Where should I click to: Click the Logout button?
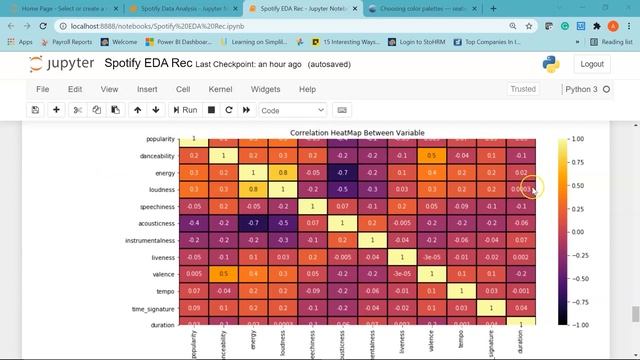591,64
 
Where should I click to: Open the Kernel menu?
220,89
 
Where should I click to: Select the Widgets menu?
265,89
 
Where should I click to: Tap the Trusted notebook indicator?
523,89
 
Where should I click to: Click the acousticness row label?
153,223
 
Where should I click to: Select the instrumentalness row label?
148,240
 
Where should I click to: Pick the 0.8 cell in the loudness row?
253,189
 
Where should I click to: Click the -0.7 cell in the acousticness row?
253,223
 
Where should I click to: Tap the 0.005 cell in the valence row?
193,274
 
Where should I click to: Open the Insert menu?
146,89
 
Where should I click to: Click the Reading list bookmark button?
606,42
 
